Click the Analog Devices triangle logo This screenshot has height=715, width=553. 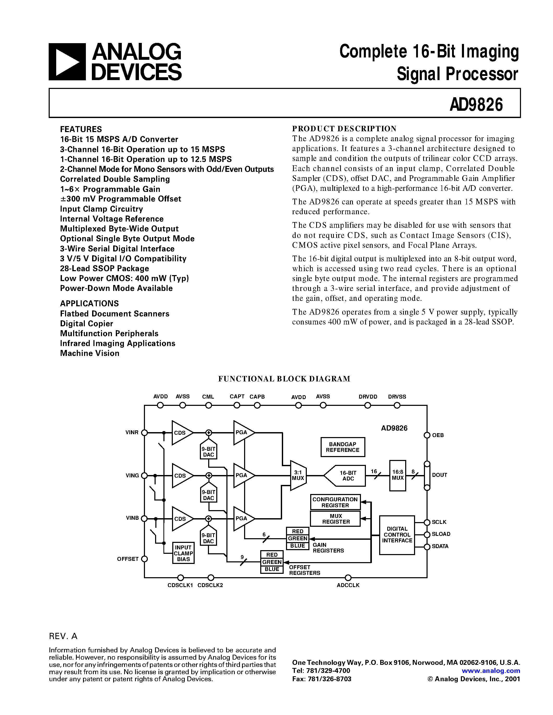coord(67,62)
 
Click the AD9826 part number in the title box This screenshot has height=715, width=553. coord(476,105)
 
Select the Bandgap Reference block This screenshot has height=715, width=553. coord(342,447)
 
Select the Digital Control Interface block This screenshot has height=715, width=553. coord(397,535)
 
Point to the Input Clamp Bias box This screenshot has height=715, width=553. coord(183,553)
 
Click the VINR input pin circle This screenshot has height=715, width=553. coord(144,432)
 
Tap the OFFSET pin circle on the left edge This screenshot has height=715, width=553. coord(144,559)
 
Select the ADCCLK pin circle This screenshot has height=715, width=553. coord(348,577)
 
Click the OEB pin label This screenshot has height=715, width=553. coord(438,435)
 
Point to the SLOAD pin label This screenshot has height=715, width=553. coord(441,534)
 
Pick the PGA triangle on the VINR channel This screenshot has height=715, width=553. coord(243,432)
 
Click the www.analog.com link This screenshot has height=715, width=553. coord(491,671)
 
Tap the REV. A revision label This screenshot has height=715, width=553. coord(63,636)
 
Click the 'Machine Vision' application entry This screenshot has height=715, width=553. coord(90,353)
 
